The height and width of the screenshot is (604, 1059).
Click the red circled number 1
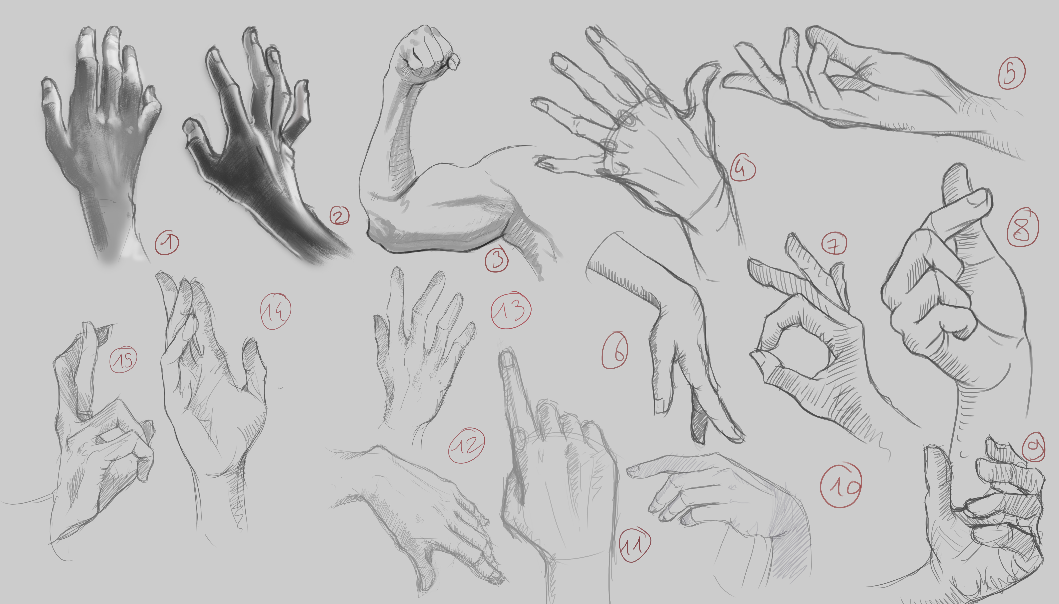(167, 243)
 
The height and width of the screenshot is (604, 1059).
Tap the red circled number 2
(339, 216)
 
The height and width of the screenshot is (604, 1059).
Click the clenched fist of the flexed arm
(427, 52)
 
